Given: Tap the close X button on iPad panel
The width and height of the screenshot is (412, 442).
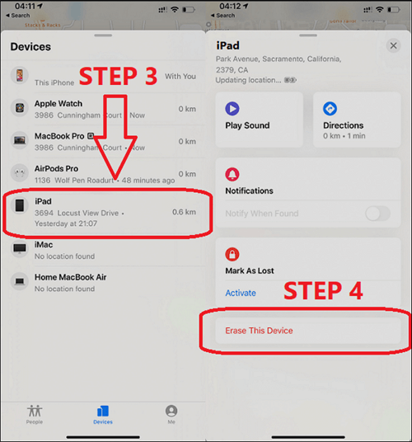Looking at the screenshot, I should tap(392, 47).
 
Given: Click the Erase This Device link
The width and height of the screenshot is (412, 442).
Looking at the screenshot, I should tap(259, 331).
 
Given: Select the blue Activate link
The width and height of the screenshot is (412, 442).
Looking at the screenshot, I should tap(241, 293).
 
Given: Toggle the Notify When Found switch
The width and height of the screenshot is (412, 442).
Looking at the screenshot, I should tap(377, 214).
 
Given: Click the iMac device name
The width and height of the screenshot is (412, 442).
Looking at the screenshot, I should tap(44, 246).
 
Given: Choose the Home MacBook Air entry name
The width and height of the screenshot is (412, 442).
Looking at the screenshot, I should tap(70, 277).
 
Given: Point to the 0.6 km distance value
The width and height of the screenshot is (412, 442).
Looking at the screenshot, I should tap(184, 212).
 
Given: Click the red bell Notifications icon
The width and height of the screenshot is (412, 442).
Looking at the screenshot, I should tap(232, 175).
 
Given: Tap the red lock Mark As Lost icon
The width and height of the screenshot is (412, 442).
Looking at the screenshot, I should tap(232, 254).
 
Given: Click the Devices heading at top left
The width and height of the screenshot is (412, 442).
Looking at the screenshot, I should tap(30, 47).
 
